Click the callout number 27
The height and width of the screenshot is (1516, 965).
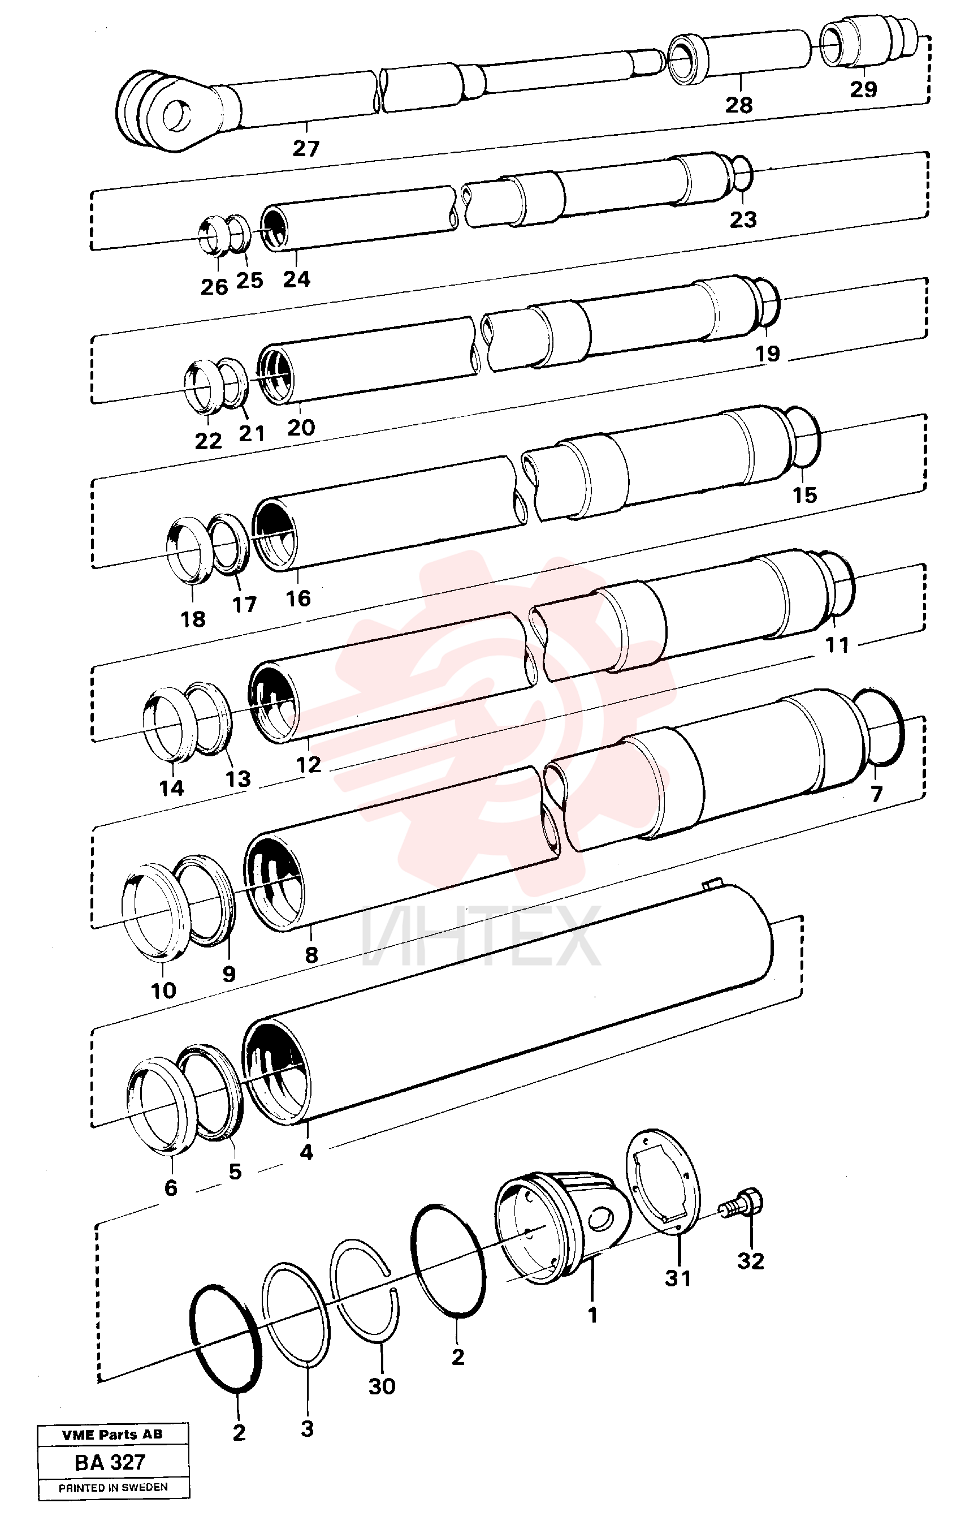pos(306,149)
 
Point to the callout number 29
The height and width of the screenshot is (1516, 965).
pos(863,89)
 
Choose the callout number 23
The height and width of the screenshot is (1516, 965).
pos(743,219)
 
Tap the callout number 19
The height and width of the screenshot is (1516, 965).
pos(768,354)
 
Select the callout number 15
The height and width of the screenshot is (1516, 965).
pos(804,495)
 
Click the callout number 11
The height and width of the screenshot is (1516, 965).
pos(837,645)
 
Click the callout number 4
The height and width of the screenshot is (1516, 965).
pos(306,1152)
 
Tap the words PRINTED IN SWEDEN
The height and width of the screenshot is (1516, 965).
pos(113,1487)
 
